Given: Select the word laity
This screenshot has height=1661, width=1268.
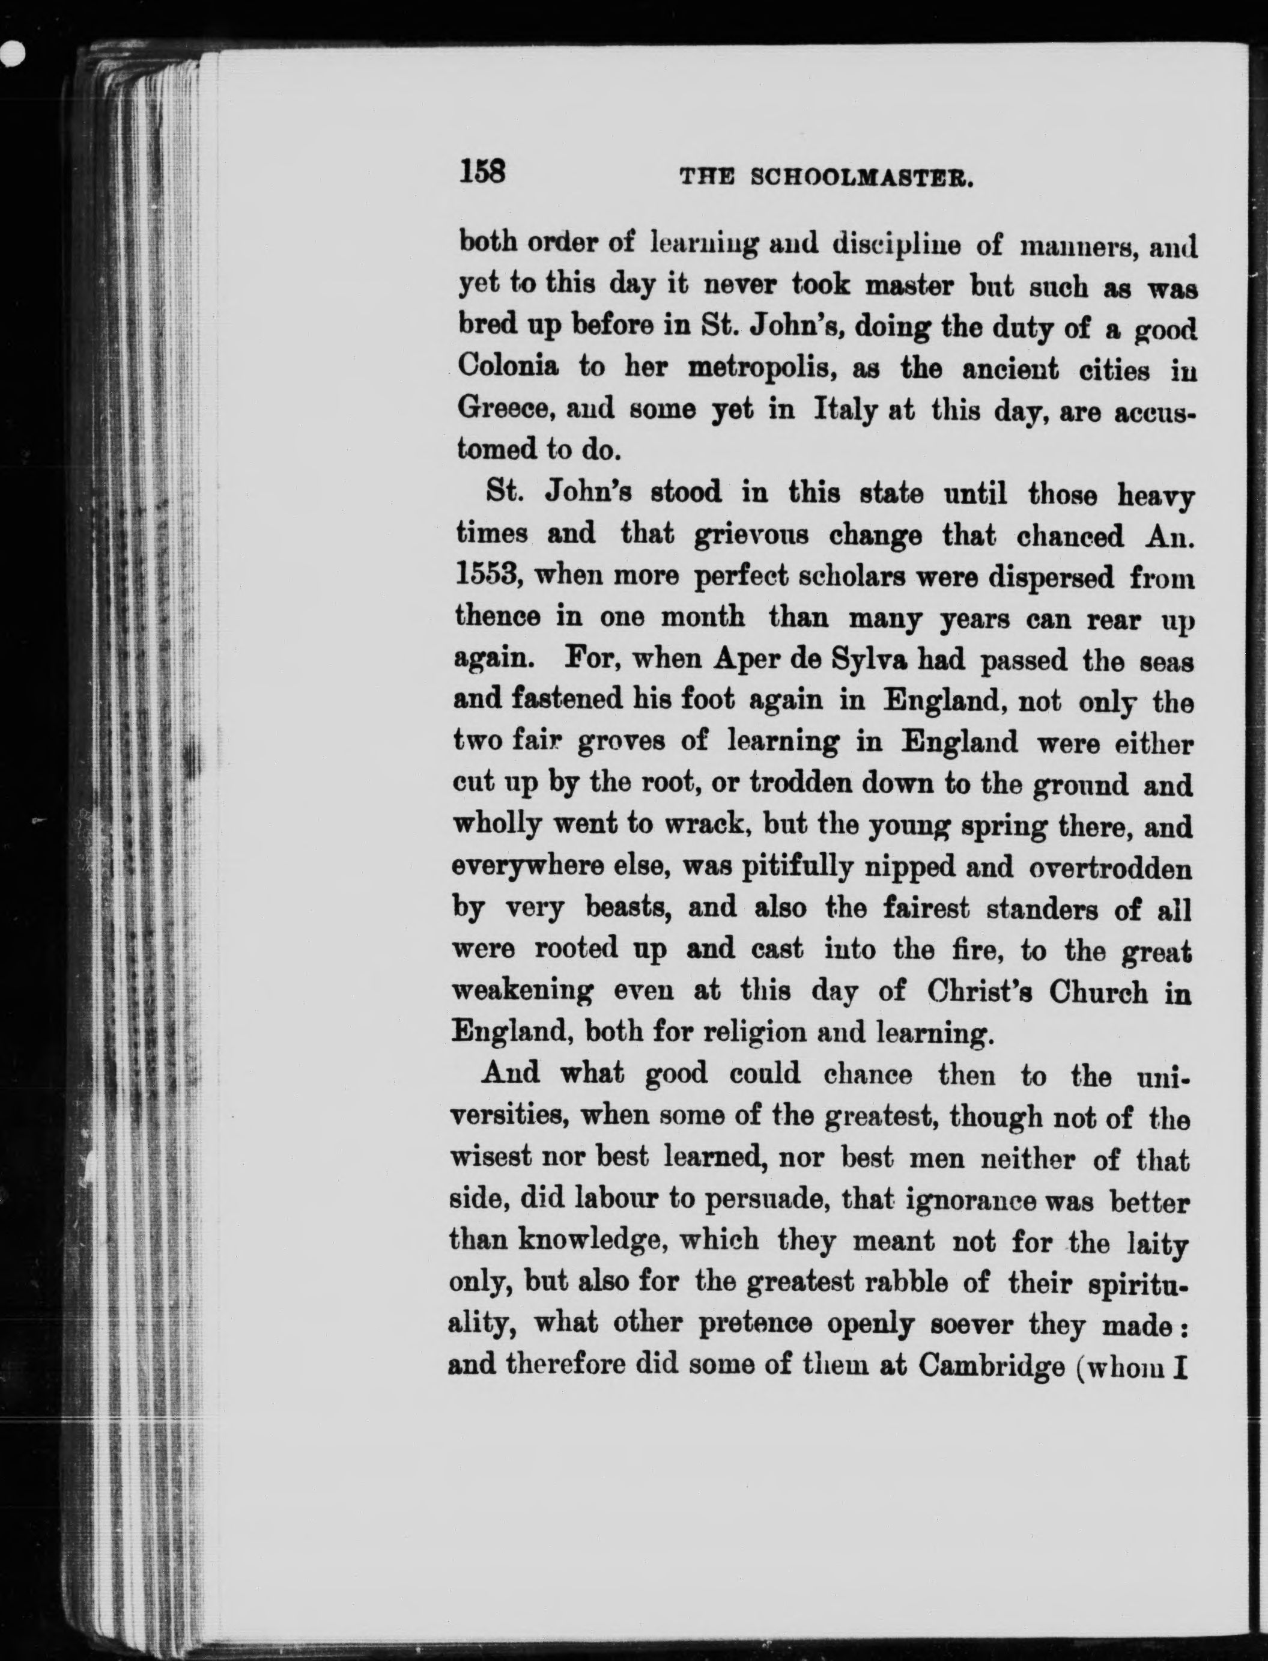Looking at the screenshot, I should (x=1156, y=1241).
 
